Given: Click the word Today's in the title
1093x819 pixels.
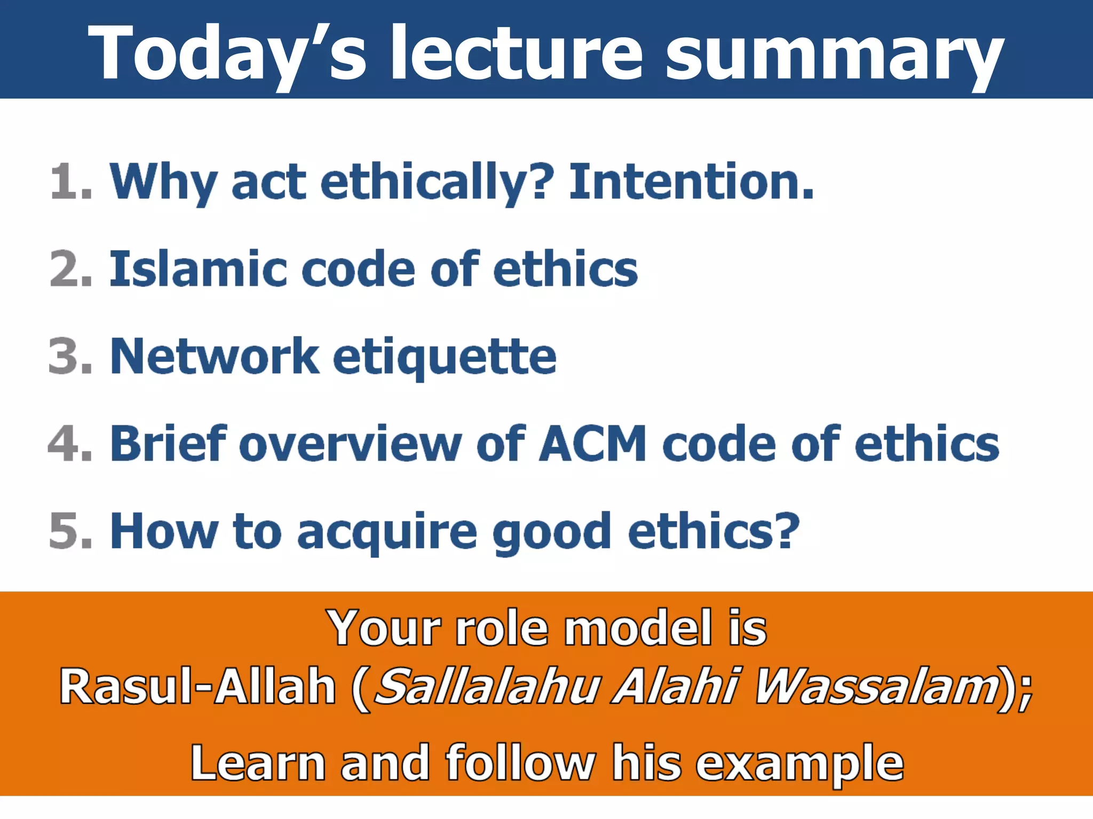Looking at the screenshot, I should tap(227, 53).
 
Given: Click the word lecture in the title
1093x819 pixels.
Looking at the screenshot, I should tap(517, 53).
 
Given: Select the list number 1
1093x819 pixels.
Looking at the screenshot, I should tap(69, 182).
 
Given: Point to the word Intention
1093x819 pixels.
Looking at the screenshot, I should tap(691, 182).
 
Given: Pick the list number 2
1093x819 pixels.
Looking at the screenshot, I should tap(69, 269).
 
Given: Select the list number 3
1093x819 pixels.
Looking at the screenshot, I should tap(69, 356).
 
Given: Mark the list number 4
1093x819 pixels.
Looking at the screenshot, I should tap(69, 444).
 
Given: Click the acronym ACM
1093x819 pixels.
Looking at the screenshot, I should tap(592, 444).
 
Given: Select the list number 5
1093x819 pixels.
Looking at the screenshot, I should tap(69, 531).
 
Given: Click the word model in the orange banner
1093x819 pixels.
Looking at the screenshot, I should tap(638, 628).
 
